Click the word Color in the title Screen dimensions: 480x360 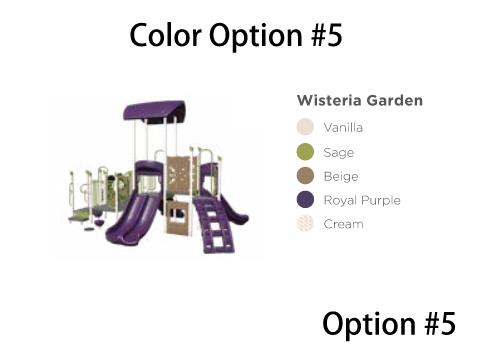coord(165,35)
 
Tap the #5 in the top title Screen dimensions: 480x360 coord(327,35)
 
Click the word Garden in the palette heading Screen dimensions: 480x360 coord(394,100)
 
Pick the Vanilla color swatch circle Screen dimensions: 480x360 coord(305,127)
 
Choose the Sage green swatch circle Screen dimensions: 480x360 coord(305,152)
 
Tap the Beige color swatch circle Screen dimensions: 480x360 coord(305,176)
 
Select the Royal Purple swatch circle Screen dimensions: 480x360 coord(305,200)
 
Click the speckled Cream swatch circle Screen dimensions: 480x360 coord(305,224)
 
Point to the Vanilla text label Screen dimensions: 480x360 coord(343,127)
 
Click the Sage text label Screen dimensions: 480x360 coord(339,153)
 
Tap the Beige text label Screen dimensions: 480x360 coord(341,176)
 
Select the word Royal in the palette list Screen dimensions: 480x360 coord(340,200)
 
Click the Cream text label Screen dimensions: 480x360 coord(343,224)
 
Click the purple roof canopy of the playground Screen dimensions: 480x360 coord(154,112)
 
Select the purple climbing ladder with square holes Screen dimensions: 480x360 coord(213,224)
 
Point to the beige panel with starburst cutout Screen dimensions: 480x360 coord(177,174)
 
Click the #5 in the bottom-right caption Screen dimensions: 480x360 coord(440,323)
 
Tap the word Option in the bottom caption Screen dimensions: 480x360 coord(369,324)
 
